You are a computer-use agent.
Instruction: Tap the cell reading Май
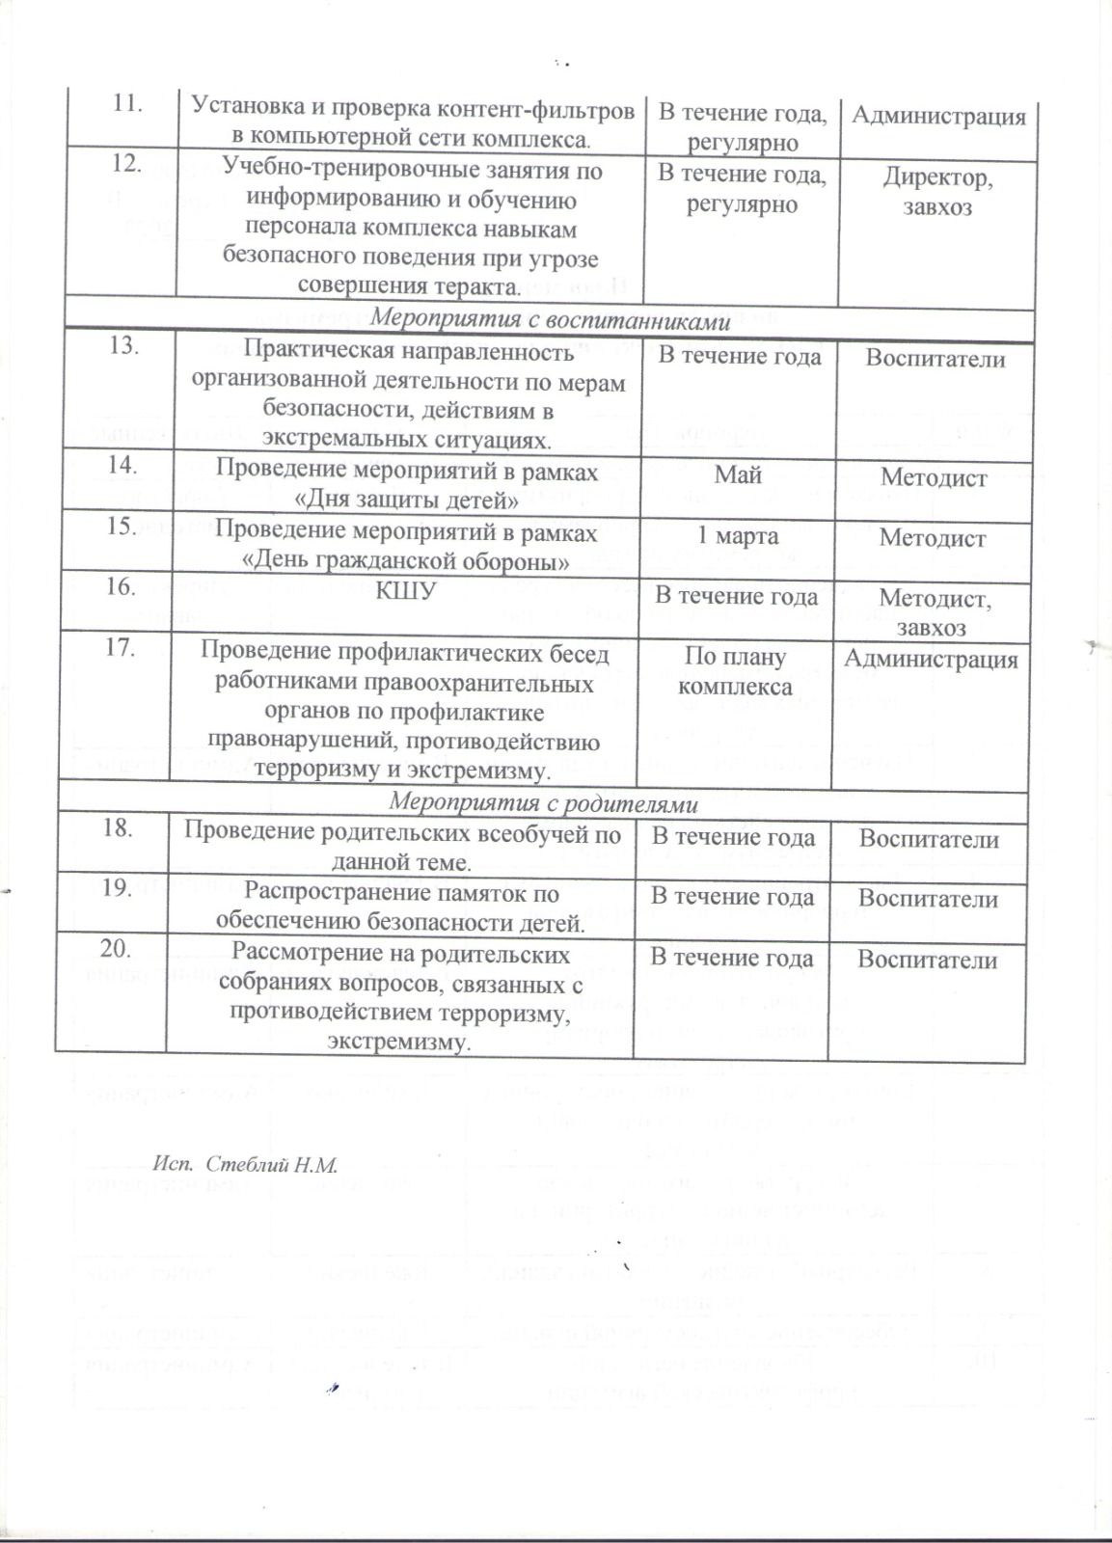[x=738, y=474]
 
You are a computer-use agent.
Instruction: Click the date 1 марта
[x=739, y=535]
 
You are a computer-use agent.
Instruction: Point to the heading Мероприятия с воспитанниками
[x=551, y=321]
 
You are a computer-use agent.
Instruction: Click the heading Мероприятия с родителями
[x=542, y=802]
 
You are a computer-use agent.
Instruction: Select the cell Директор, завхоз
[x=937, y=192]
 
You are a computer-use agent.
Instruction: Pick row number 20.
[x=116, y=948]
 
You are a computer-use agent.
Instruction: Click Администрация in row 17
[x=931, y=659]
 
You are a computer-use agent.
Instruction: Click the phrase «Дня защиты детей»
[x=406, y=501]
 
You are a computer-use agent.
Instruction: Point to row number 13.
[x=122, y=345]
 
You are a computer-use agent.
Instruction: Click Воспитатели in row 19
[x=928, y=898]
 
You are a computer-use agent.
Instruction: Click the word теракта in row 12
[x=476, y=286]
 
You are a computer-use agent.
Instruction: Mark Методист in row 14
[x=934, y=477]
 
